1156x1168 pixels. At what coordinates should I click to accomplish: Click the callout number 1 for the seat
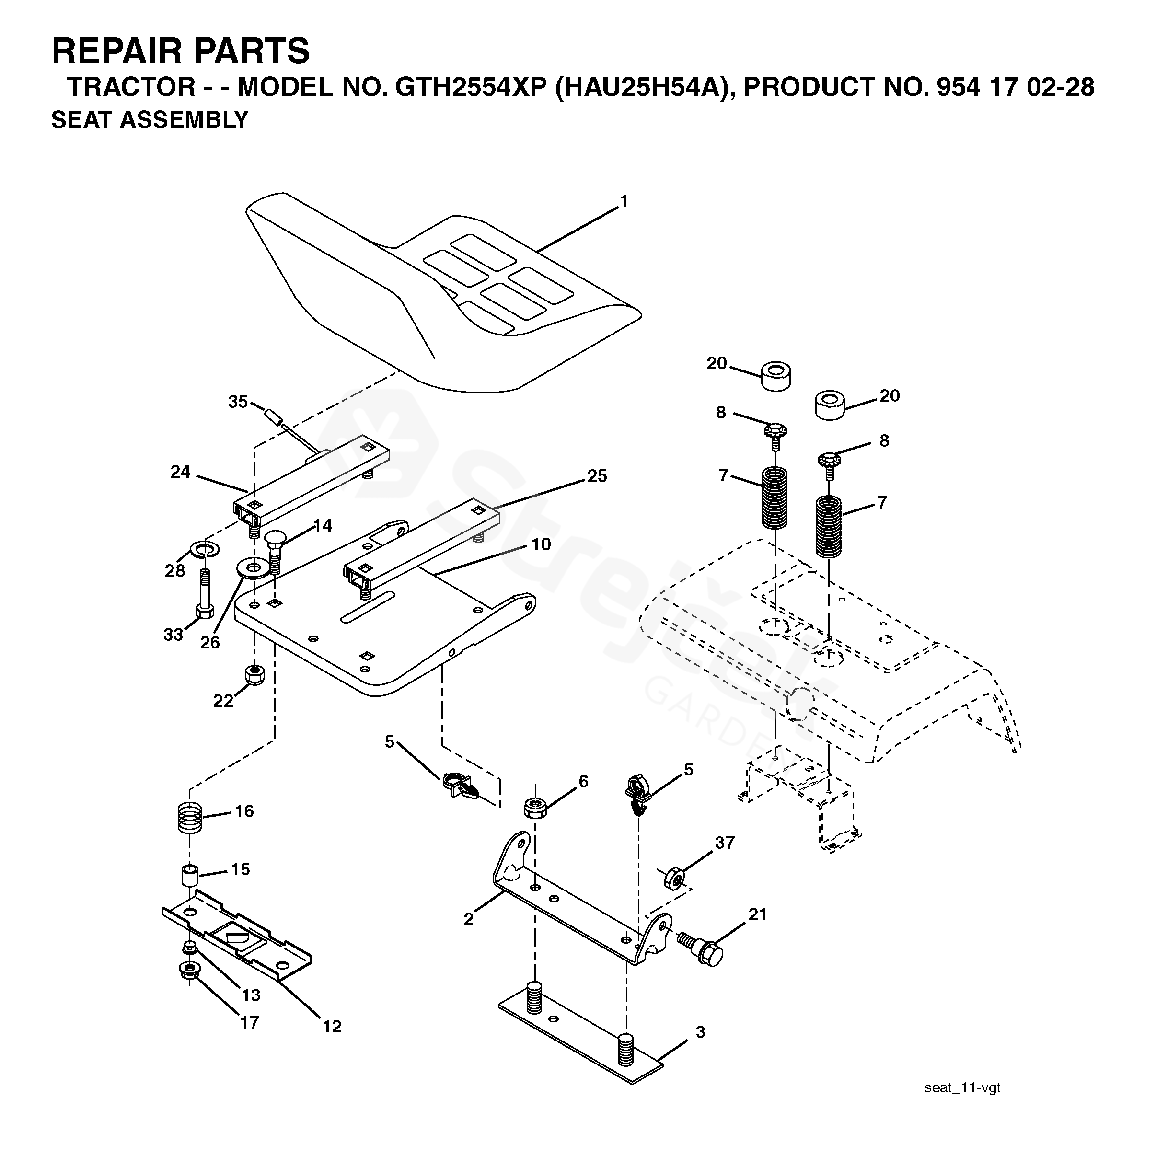coord(624,201)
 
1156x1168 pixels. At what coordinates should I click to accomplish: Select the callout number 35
coord(238,402)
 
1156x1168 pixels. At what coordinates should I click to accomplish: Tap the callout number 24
coord(180,472)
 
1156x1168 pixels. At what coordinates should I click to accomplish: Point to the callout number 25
coord(597,476)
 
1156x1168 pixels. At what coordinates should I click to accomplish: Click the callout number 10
coord(541,544)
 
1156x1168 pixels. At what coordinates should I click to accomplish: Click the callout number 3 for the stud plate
coord(700,1032)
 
